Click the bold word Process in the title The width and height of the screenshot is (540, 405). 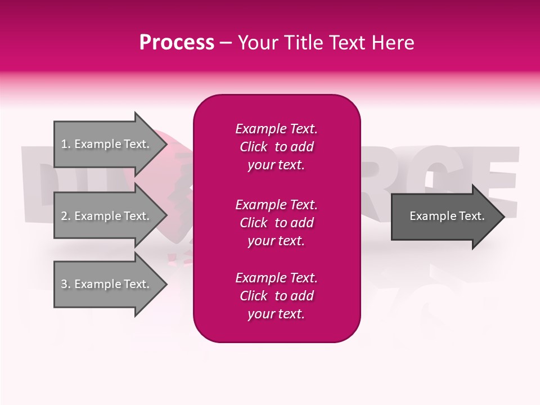(177, 43)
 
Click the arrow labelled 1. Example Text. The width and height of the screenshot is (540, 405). (107, 144)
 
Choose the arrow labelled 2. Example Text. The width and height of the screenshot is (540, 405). (107, 216)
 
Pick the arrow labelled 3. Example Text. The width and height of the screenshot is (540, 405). (107, 284)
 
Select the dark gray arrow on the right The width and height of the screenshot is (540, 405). (444, 216)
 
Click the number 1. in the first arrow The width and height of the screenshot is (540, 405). (66, 144)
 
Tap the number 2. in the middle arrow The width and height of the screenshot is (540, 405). (66, 216)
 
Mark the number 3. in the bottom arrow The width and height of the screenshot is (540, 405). (66, 284)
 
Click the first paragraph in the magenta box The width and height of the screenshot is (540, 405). (276, 147)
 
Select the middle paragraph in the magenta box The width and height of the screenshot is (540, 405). (276, 223)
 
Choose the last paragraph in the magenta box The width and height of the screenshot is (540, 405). (276, 296)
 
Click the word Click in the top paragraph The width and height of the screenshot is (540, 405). (254, 147)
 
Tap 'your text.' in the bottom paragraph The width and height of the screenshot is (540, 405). (276, 314)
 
